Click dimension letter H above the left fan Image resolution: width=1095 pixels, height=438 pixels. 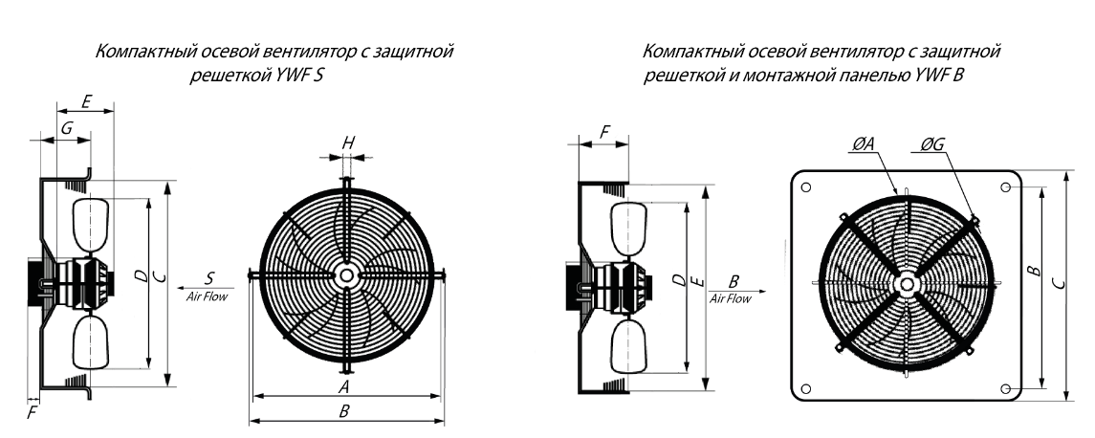pos(348,143)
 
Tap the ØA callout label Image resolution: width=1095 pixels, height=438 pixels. pos(864,143)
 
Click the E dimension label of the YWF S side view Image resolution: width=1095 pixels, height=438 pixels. pos(87,102)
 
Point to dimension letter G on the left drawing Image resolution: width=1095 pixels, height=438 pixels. pos(66,128)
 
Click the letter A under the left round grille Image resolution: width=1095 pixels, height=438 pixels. pos(343,387)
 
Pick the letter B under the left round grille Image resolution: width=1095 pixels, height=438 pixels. pos(343,411)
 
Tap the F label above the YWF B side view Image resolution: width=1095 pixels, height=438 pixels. pos(604,132)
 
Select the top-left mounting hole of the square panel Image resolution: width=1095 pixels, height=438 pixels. pos(806,187)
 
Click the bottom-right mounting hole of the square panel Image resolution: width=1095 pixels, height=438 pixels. pos(1006,388)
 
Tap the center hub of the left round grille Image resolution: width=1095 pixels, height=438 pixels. pos(345,275)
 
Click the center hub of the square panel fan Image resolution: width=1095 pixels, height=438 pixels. pos(907,284)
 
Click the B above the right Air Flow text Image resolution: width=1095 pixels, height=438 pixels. pos(734,281)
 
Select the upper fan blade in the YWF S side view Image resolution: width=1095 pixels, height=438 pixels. pos(92,224)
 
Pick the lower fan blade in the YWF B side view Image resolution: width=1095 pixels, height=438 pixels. pos(628,346)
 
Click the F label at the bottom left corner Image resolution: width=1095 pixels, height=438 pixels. pos(32,413)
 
